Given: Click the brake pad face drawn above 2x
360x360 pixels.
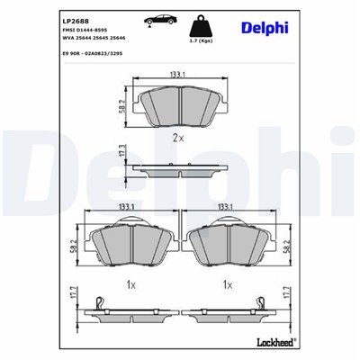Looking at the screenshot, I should coord(177,108).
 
